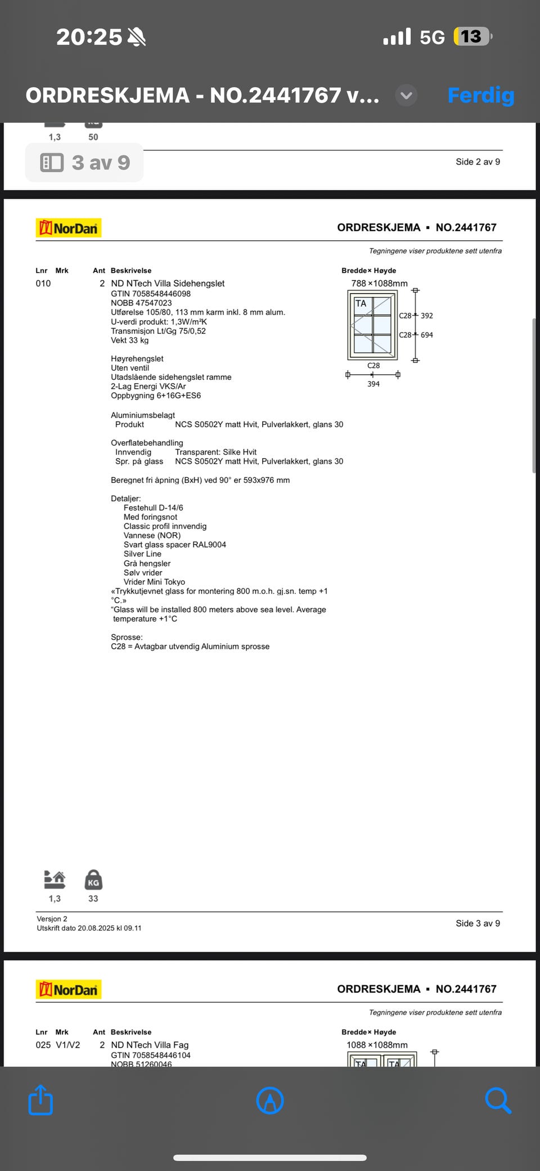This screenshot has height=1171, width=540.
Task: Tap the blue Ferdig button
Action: (480, 95)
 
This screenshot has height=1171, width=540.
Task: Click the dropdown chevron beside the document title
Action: (406, 95)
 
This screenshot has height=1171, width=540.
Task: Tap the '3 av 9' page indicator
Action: (84, 163)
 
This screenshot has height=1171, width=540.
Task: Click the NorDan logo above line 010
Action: (69, 228)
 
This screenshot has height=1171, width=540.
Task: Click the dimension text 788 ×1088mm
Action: (379, 284)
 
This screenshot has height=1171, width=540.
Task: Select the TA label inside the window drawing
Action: (361, 303)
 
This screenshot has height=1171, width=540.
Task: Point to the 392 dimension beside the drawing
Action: (427, 316)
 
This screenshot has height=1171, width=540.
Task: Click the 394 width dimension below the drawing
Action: (373, 384)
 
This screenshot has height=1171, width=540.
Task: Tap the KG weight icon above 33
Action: (93, 880)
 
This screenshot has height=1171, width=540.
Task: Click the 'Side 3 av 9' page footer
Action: (478, 923)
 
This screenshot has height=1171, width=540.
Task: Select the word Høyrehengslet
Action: (137, 358)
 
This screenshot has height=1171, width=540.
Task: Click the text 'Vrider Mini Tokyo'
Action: (154, 582)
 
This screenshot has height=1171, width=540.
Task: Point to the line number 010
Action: (43, 284)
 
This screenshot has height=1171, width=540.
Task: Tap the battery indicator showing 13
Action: (472, 37)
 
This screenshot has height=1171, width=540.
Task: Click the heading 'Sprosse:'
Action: (127, 637)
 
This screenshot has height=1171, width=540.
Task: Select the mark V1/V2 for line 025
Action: (67, 1045)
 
